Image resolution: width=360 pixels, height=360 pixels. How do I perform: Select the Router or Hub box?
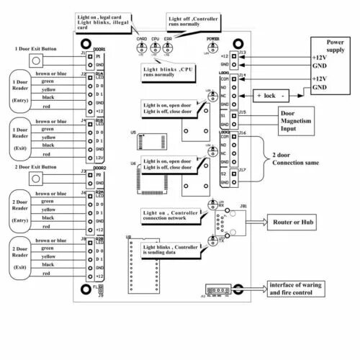click(293, 223)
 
